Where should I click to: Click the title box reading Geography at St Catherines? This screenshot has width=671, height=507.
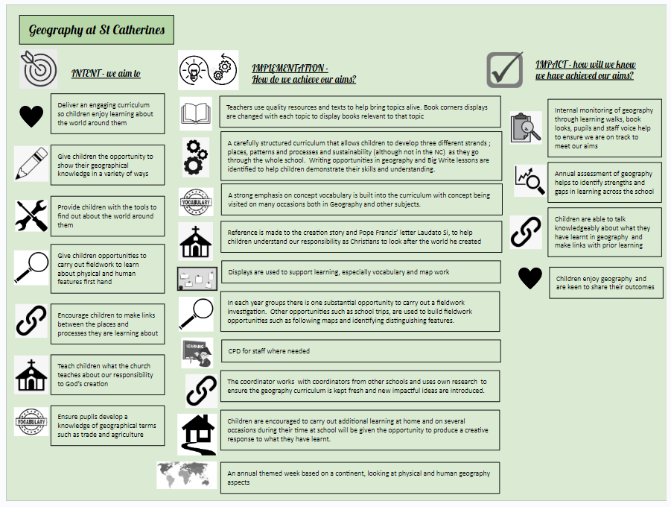[96, 30]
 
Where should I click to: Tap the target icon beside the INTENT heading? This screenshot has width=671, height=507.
[39, 69]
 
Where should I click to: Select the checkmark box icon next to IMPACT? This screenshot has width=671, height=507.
[505, 69]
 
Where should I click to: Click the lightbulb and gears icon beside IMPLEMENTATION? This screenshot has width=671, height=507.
[208, 69]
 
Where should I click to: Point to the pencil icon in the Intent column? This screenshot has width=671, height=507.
[31, 163]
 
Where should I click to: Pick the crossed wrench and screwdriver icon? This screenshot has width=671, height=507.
[31, 215]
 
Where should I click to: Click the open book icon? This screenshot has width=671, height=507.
[196, 113]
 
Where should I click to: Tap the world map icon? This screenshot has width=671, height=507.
[187, 475]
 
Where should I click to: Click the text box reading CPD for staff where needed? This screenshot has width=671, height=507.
[360, 350]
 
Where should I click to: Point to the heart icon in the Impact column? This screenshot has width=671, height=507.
[530, 278]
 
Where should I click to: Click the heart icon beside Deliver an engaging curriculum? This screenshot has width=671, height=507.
[31, 116]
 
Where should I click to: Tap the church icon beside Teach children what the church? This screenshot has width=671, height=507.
[31, 375]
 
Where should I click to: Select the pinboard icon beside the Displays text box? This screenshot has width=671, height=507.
[197, 279]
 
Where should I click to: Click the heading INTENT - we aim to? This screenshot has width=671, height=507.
[106, 73]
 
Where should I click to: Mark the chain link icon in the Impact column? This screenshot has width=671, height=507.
[526, 232]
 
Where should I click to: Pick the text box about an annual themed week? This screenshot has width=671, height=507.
[360, 477]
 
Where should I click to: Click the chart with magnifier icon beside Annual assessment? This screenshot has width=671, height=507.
[530, 180]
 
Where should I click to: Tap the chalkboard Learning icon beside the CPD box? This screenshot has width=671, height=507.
[197, 351]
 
